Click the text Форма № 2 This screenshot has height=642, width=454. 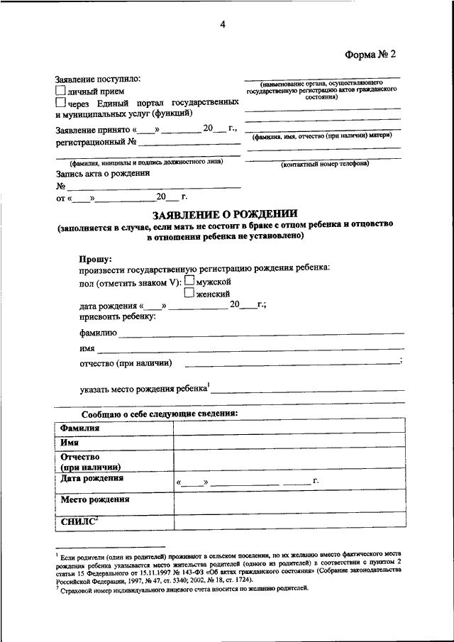(x=370, y=54)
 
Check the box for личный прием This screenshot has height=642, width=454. (x=60, y=92)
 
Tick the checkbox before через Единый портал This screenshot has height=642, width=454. (x=60, y=103)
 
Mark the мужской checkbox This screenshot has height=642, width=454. (x=189, y=282)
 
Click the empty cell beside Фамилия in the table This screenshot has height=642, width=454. (x=289, y=428)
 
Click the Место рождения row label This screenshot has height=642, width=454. (x=95, y=499)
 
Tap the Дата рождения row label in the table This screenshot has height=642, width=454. (x=92, y=479)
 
